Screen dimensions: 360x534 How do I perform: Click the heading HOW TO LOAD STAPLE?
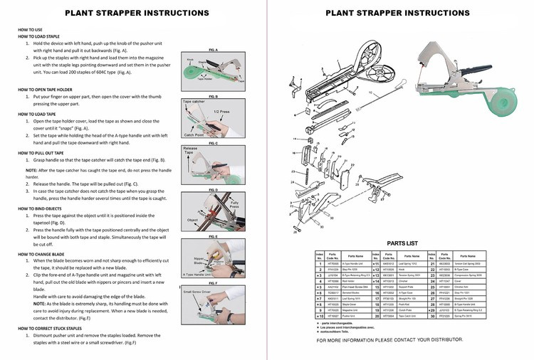[38, 35]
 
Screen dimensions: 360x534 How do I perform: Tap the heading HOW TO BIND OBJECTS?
[41, 208]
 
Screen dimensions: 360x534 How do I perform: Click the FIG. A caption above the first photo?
[213, 50]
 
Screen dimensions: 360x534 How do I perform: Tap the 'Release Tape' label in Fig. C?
[189, 152]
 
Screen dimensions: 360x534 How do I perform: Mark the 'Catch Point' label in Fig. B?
[194, 134]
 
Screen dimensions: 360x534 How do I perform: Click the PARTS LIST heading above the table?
[401, 242]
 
